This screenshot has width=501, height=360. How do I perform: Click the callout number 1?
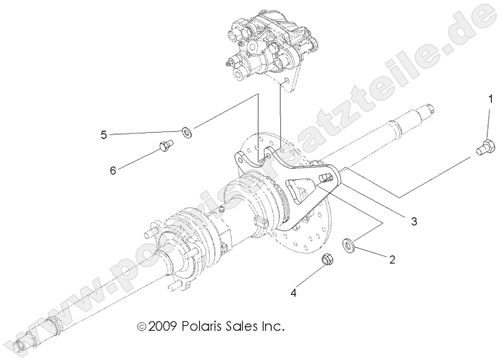490,100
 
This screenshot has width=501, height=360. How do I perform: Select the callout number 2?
392,260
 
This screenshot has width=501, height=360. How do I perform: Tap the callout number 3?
413,221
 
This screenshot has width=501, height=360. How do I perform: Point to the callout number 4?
293,292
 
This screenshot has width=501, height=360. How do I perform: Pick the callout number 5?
104,135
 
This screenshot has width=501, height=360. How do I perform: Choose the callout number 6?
113,171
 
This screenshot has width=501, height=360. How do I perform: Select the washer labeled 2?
347,244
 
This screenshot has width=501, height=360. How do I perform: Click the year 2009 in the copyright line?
164,326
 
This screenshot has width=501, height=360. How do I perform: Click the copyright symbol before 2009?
142,327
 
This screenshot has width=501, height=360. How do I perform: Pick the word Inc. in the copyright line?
273,326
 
